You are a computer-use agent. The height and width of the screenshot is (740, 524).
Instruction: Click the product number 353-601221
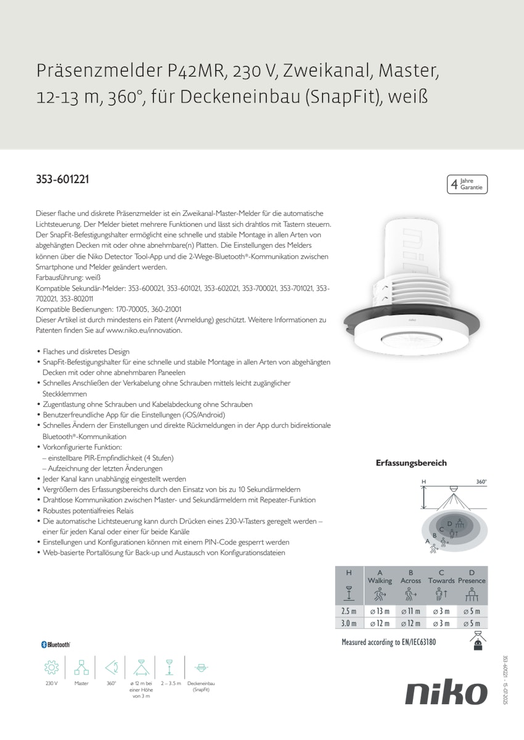[x=62, y=180]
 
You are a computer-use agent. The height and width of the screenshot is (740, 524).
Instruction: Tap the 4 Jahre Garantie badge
[x=467, y=184]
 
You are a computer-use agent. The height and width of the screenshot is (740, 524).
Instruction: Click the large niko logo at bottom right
[x=446, y=693]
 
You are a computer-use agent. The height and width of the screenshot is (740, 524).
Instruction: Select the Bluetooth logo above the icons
[x=56, y=644]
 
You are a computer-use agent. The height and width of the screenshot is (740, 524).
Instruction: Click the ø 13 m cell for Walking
[x=380, y=611]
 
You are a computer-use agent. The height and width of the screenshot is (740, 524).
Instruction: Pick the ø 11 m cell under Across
[x=410, y=611]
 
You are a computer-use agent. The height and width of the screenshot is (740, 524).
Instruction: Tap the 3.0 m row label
[x=349, y=623]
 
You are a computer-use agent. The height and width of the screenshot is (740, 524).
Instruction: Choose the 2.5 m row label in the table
[x=349, y=611]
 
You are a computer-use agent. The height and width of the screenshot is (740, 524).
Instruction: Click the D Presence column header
[x=472, y=577]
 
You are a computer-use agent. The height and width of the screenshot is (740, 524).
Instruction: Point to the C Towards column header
[x=441, y=577]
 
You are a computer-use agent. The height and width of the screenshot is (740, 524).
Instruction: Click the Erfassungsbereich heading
[x=411, y=462]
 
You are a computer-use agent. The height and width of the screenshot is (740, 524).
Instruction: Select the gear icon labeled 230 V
[x=51, y=667]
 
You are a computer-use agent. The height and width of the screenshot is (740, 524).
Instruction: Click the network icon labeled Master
[x=81, y=667]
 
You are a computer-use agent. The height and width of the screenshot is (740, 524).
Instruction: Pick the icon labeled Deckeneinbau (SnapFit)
[x=201, y=667]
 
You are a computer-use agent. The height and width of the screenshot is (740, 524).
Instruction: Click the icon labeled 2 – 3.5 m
[x=169, y=667]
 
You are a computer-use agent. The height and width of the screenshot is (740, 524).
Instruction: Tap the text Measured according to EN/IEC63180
[x=389, y=642]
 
